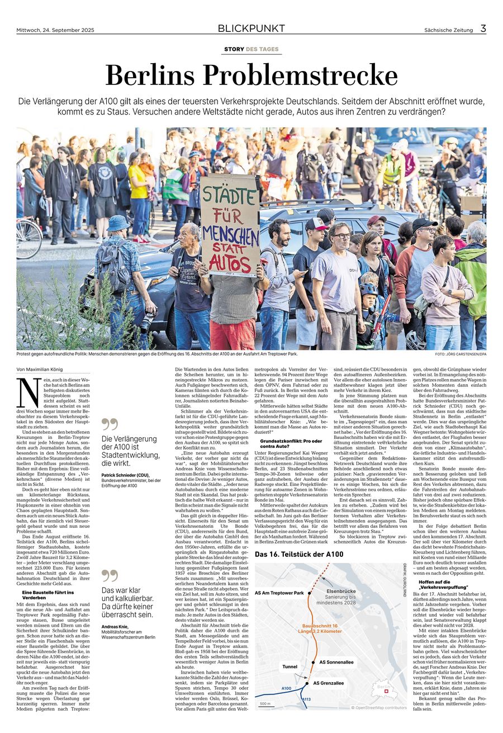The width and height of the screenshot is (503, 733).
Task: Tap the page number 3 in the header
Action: tap(482, 29)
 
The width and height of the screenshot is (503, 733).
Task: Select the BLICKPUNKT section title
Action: tap(251, 29)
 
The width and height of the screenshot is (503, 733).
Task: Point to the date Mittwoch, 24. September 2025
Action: tap(53, 30)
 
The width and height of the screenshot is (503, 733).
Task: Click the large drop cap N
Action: tap(25, 392)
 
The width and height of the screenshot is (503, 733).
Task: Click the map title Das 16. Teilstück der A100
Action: tap(298, 555)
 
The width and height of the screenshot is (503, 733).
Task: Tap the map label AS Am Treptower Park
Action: tap(279, 593)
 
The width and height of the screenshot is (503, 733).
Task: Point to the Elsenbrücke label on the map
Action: tap(341, 591)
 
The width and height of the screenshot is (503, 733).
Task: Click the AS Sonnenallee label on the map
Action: tap(336, 662)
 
